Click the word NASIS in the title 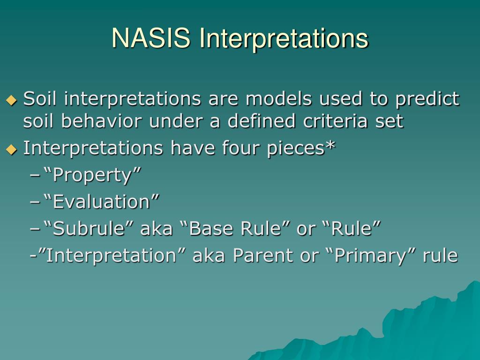point(151,38)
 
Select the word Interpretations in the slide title point(284,38)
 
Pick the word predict point(427,99)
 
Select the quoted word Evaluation point(101,202)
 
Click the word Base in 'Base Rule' point(211,229)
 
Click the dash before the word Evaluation point(35,202)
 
